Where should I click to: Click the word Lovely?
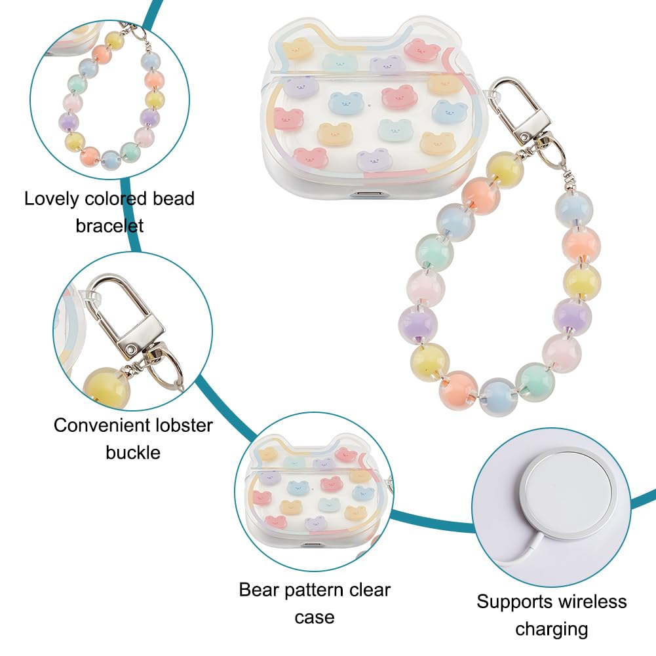[52, 199]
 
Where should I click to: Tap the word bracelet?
[109, 226]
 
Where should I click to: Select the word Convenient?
[101, 425]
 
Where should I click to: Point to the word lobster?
[184, 425]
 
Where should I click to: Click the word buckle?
[133, 453]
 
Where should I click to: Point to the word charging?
[551, 630]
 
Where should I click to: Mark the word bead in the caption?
[174, 199]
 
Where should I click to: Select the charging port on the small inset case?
[312, 546]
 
